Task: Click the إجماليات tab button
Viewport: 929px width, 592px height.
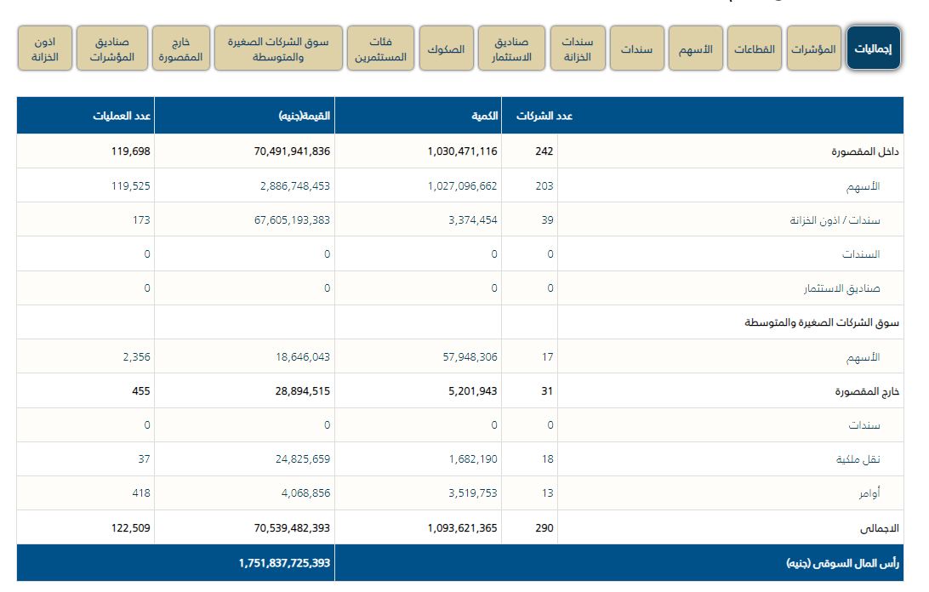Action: (874, 48)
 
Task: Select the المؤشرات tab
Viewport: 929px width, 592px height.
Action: (814, 48)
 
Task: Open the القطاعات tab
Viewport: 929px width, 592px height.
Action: (755, 48)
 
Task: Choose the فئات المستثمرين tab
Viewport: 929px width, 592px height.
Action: (380, 48)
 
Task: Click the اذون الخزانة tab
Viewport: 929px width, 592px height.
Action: (45, 48)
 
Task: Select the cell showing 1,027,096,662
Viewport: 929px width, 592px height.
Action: (462, 185)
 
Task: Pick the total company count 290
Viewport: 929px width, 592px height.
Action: (544, 528)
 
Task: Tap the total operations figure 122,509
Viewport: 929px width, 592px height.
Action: (130, 528)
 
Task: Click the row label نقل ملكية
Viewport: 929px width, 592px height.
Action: (859, 459)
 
